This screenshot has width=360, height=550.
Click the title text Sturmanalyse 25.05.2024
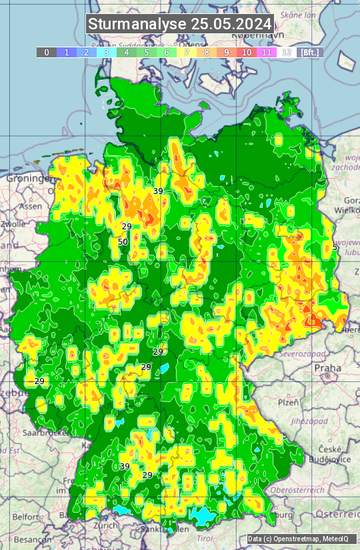(180, 24)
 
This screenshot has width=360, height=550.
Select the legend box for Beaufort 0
(46, 52)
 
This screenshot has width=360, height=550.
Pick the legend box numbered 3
(106, 52)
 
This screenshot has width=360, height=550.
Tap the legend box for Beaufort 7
(187, 52)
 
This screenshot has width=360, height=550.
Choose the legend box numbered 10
(247, 52)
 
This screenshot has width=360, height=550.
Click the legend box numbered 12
(287, 52)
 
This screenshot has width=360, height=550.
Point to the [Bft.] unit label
(309, 52)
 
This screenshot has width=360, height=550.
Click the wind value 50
(123, 241)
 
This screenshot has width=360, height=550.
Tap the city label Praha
(328, 367)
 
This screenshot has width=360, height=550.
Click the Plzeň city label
(288, 403)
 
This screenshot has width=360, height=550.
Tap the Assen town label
(31, 207)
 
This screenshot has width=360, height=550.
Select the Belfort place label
(26, 517)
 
